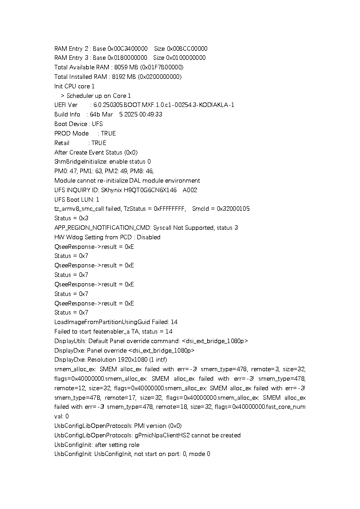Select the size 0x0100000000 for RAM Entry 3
click(186, 58)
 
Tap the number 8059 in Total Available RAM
click(122, 68)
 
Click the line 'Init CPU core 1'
click(74, 86)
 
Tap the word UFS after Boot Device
click(97, 124)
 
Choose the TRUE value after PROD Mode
click(108, 133)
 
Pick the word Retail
click(62, 143)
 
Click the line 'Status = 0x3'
click(71, 218)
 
